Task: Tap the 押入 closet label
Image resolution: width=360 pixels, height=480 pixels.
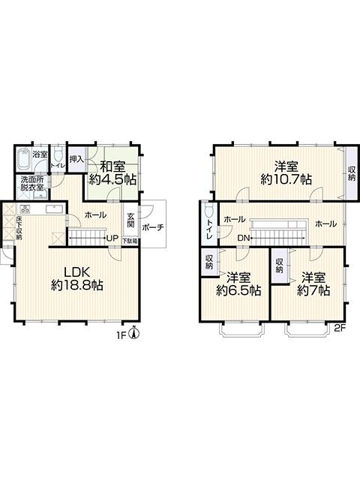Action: pyautogui.click(x=76, y=159)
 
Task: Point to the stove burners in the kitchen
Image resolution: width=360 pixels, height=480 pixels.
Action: pyautogui.click(x=25, y=208)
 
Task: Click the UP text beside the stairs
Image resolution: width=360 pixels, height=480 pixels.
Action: pyautogui.click(x=112, y=239)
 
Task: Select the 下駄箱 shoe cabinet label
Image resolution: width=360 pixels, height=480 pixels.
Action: pyautogui.click(x=130, y=241)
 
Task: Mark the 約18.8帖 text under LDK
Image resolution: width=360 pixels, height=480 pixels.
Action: pyautogui.click(x=77, y=285)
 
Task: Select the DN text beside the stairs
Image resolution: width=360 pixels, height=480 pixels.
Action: pyautogui.click(x=243, y=238)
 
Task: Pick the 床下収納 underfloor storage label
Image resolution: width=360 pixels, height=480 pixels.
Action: pyautogui.click(x=19, y=227)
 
